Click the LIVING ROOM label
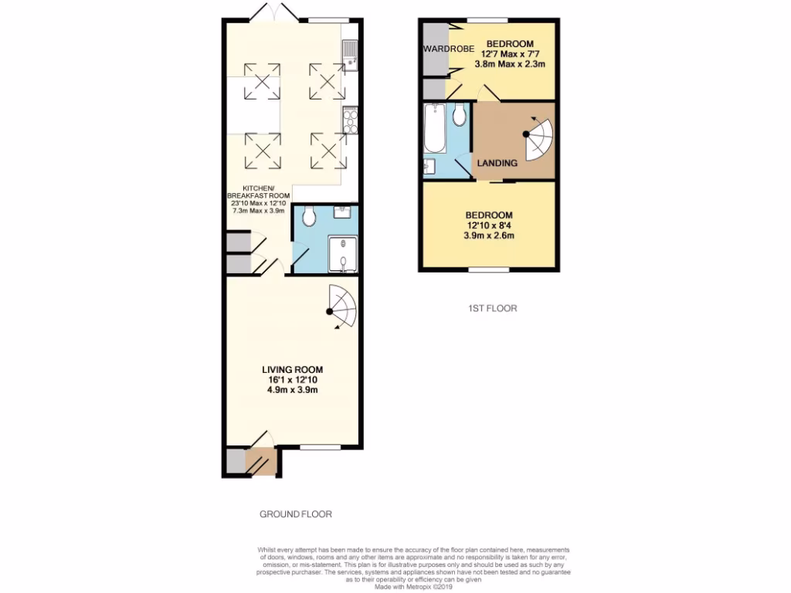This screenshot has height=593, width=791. click(x=291, y=369)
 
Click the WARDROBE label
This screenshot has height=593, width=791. click(x=442, y=49)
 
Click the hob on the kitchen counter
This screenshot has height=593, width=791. click(x=350, y=119)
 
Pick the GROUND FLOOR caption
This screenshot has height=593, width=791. click(x=296, y=513)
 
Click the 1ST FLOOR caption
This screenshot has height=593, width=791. click(x=492, y=308)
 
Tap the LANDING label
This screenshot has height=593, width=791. click(x=497, y=164)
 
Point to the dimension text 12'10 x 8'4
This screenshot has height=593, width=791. click(x=488, y=225)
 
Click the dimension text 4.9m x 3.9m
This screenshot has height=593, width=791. click(x=291, y=390)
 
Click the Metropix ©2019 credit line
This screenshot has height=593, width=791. click(x=413, y=586)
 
